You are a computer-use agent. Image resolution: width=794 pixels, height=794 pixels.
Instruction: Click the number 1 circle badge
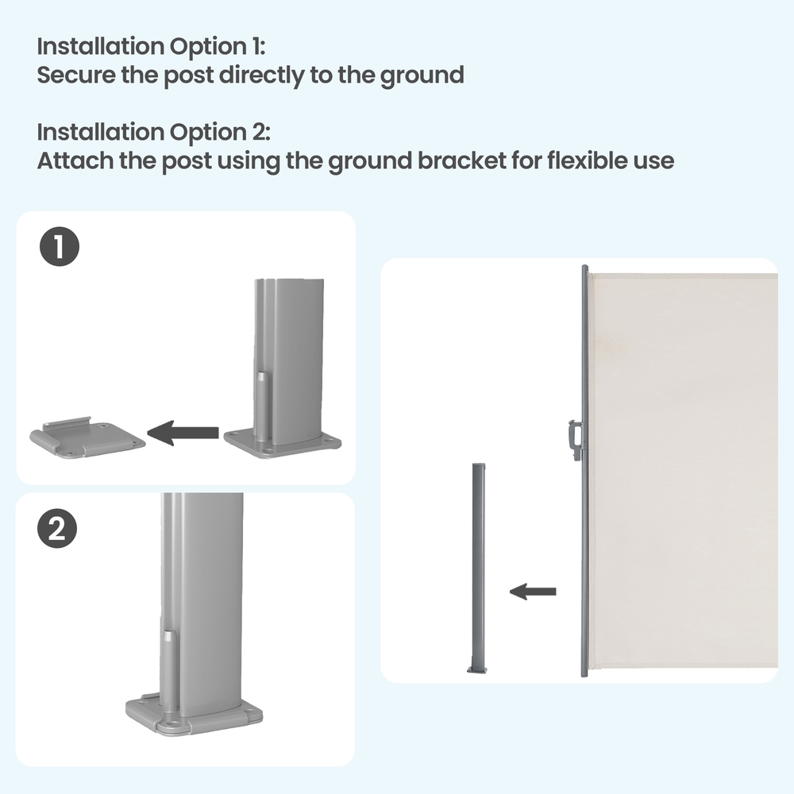[x=60, y=247]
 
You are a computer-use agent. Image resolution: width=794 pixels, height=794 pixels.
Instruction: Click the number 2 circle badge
[x=57, y=529]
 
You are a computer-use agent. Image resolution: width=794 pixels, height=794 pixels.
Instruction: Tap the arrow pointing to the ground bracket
[x=183, y=433]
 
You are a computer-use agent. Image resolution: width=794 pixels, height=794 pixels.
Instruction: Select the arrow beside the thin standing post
[x=533, y=592]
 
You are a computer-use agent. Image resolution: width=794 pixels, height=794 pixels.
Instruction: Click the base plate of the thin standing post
[x=477, y=670]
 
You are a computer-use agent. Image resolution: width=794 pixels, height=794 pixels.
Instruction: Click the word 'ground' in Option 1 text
[x=422, y=75]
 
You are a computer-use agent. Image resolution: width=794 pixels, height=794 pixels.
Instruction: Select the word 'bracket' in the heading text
[x=462, y=160]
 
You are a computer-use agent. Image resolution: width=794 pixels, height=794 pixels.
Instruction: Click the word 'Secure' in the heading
[x=76, y=75]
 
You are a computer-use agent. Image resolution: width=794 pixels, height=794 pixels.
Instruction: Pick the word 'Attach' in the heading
[x=75, y=160]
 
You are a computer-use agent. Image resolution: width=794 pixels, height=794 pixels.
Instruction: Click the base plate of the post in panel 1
[x=283, y=444]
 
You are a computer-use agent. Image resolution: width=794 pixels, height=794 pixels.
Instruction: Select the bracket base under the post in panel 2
[x=194, y=716]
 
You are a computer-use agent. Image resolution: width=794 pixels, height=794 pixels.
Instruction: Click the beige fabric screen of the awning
[x=683, y=470]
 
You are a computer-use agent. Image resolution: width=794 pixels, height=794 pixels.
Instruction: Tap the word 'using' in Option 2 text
[x=249, y=161]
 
